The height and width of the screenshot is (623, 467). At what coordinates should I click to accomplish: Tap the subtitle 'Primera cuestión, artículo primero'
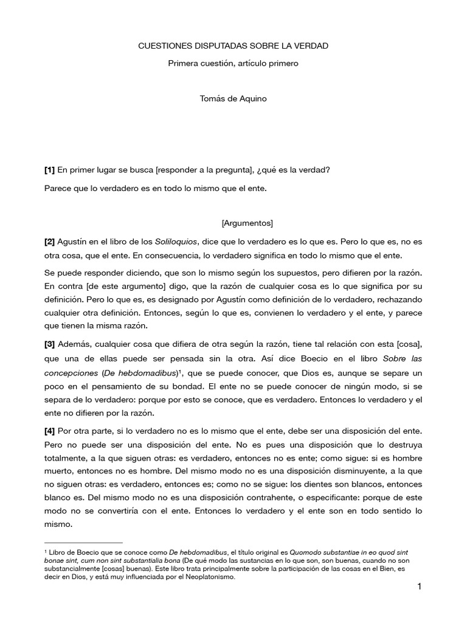pyautogui.click(x=233, y=64)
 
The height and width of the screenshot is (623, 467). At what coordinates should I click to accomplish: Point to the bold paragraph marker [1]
pyautogui.click(x=50, y=171)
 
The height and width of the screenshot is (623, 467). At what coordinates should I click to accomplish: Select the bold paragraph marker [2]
pyautogui.click(x=50, y=242)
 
